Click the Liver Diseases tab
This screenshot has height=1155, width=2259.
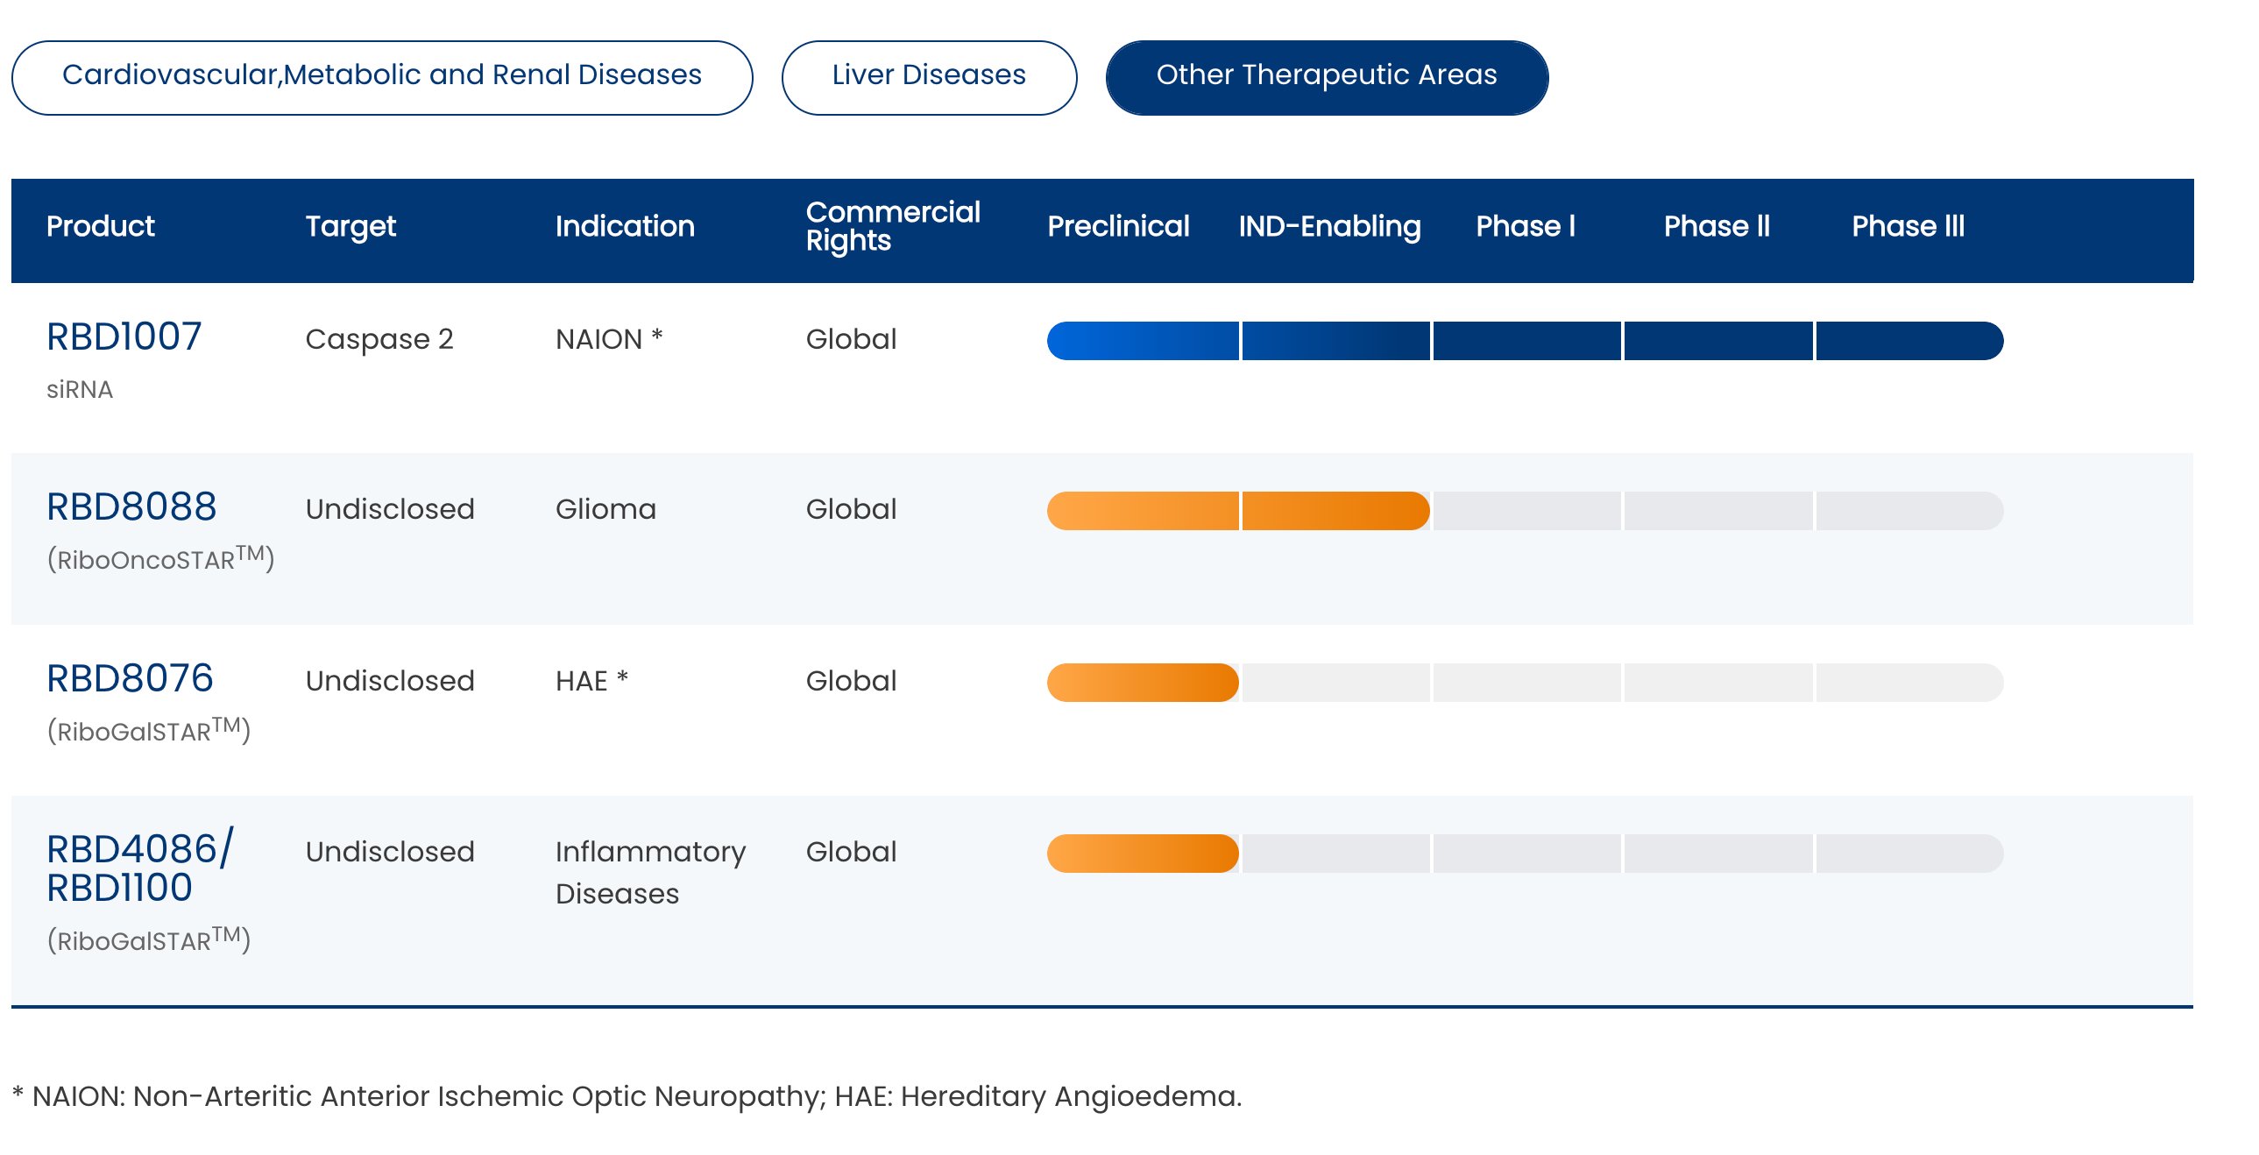(929, 77)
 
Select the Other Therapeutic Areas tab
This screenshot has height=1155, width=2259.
(1327, 77)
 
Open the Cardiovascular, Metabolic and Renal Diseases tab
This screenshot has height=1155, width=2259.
(382, 77)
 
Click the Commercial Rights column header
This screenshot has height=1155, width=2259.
(893, 226)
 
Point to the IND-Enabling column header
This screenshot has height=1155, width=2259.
(1329, 227)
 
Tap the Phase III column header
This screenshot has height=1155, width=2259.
(1908, 226)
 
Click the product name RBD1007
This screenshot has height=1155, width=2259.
(124, 337)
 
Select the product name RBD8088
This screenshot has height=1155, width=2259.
(131, 507)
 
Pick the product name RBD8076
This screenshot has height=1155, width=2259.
(130, 679)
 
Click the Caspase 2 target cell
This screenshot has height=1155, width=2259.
(379, 339)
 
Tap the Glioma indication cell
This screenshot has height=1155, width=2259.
(605, 509)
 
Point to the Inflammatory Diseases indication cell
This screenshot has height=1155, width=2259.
(650, 873)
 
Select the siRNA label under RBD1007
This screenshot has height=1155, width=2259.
(80, 389)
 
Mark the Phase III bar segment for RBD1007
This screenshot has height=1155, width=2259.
(1910, 341)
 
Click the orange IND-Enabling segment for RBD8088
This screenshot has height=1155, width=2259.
(1335, 511)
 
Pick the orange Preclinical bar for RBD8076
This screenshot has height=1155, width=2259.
(1143, 684)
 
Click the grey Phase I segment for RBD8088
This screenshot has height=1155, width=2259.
(1526, 511)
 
